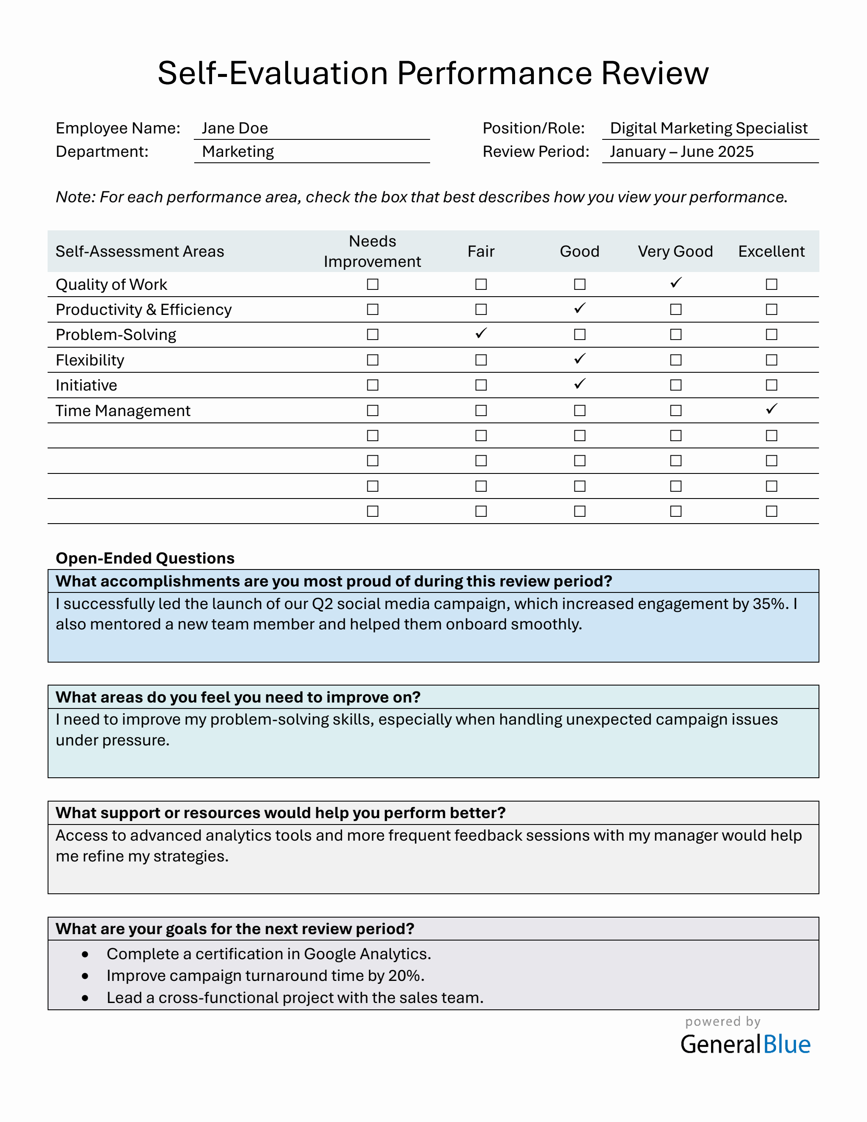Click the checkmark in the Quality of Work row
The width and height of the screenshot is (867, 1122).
click(676, 283)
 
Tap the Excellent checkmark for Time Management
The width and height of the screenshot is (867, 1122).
click(771, 409)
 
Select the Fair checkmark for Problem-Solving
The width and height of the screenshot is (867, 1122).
click(481, 334)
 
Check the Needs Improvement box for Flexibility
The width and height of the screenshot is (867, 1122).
click(373, 360)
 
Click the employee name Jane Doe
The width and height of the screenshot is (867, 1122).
click(235, 128)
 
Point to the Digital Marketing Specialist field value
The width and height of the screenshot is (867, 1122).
click(708, 128)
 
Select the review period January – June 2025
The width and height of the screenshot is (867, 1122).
click(681, 152)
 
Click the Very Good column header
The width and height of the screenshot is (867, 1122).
click(675, 251)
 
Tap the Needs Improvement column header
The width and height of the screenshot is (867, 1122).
click(372, 251)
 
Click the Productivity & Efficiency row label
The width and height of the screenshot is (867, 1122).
click(144, 310)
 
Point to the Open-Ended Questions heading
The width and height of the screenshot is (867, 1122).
click(145, 558)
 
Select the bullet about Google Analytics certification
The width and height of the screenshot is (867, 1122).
click(269, 954)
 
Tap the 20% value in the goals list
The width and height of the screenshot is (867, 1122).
click(405, 975)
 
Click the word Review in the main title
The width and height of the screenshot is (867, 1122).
click(654, 73)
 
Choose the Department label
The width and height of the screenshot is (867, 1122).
click(102, 152)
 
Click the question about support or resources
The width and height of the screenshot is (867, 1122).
click(280, 813)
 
